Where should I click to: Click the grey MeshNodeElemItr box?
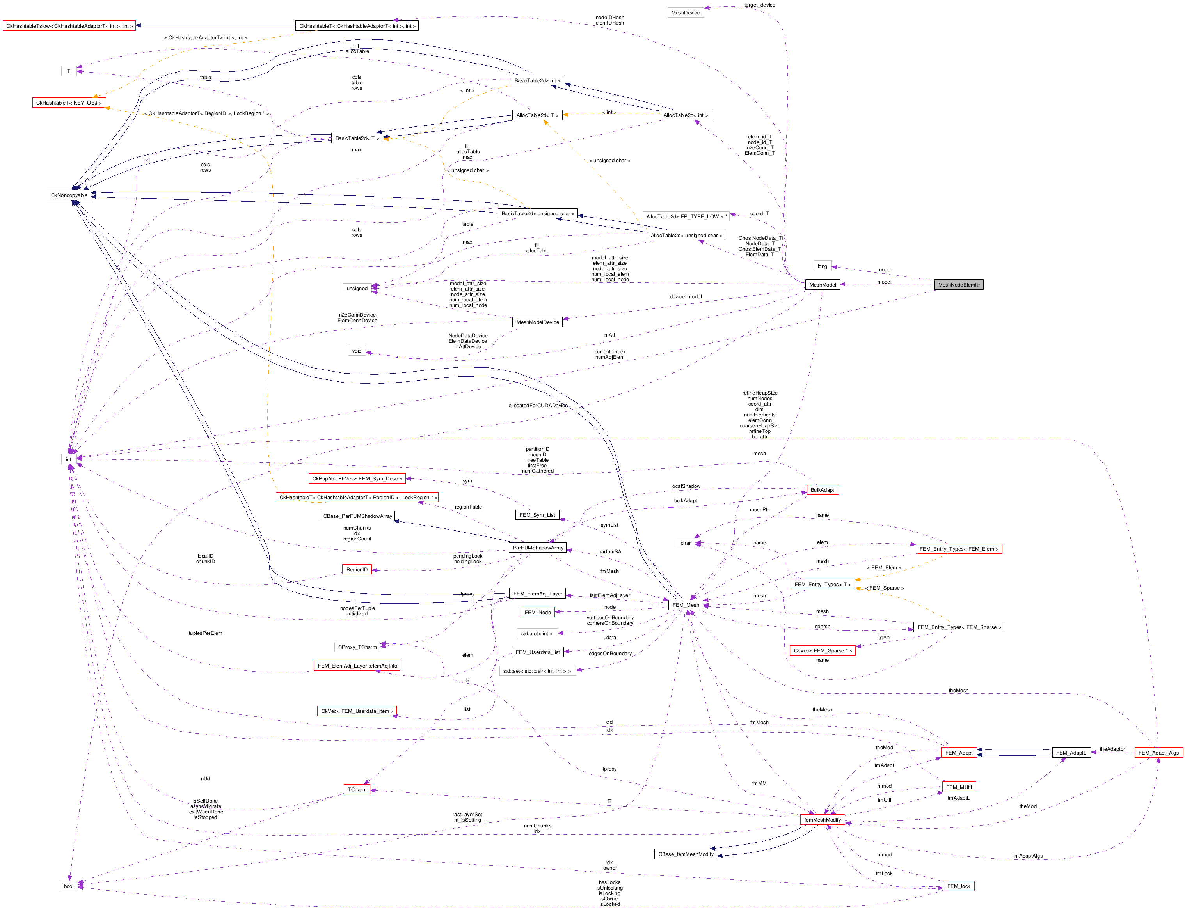(958, 285)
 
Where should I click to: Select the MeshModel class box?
(822, 285)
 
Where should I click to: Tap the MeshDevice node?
(685, 12)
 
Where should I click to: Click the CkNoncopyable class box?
(69, 195)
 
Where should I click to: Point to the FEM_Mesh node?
(685, 605)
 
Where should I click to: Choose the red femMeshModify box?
(822, 820)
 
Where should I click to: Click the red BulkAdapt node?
(822, 490)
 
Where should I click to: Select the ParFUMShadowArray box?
(538, 548)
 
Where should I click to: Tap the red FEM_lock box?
(959, 886)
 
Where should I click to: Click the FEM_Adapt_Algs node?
(1158, 753)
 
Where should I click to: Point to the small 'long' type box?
(822, 266)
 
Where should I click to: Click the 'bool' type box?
(69, 886)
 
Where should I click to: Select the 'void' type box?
(357, 351)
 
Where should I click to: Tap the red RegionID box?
(357, 569)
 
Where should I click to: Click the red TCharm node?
(357, 789)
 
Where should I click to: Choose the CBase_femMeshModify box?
(686, 854)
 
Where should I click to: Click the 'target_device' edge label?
(760, 5)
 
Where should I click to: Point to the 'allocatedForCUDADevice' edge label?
(538, 405)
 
